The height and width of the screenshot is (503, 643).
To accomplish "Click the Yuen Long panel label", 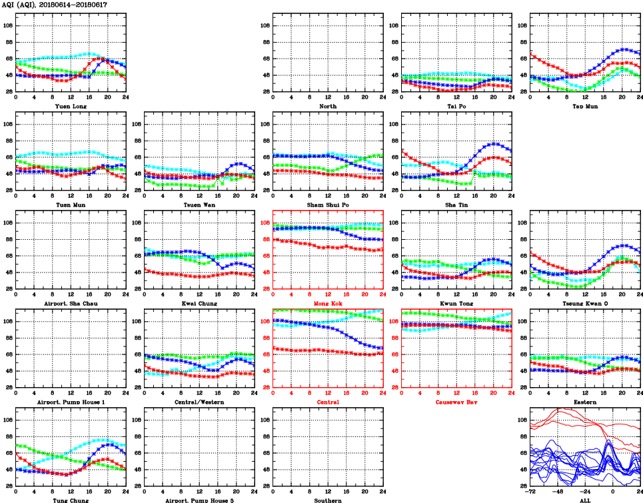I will point(70,106).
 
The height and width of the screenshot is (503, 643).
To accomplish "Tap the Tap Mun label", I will point(584,106).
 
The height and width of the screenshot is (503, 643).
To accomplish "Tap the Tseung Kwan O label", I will point(584,303).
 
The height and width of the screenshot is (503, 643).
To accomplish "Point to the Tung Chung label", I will point(70,500).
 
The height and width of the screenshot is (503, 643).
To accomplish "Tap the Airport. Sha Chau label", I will point(70,303).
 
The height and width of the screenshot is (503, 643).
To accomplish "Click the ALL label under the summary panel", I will point(584,500).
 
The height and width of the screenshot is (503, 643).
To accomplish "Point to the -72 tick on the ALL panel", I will point(530,493).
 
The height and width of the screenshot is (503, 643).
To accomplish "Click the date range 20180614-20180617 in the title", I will point(77,5).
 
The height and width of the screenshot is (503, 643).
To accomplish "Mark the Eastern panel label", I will point(584,402).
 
